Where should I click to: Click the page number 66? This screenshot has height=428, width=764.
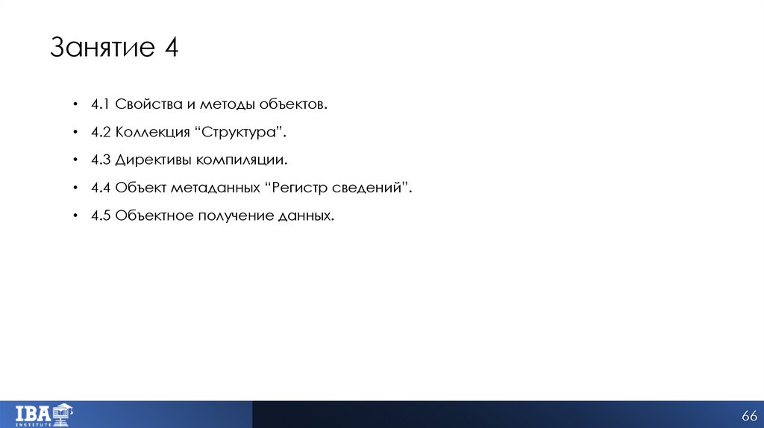point(748,415)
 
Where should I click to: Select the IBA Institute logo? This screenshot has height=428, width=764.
point(45,414)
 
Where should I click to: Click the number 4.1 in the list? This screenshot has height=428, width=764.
point(101,104)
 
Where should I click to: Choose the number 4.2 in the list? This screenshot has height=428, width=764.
point(101,132)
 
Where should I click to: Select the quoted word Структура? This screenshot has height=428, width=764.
point(240,132)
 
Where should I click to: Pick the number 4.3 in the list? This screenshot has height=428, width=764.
point(101,160)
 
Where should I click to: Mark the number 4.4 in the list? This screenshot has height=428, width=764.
point(101,188)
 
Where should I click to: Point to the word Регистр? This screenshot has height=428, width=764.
point(298,188)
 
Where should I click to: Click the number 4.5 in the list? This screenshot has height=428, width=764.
point(101,215)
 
